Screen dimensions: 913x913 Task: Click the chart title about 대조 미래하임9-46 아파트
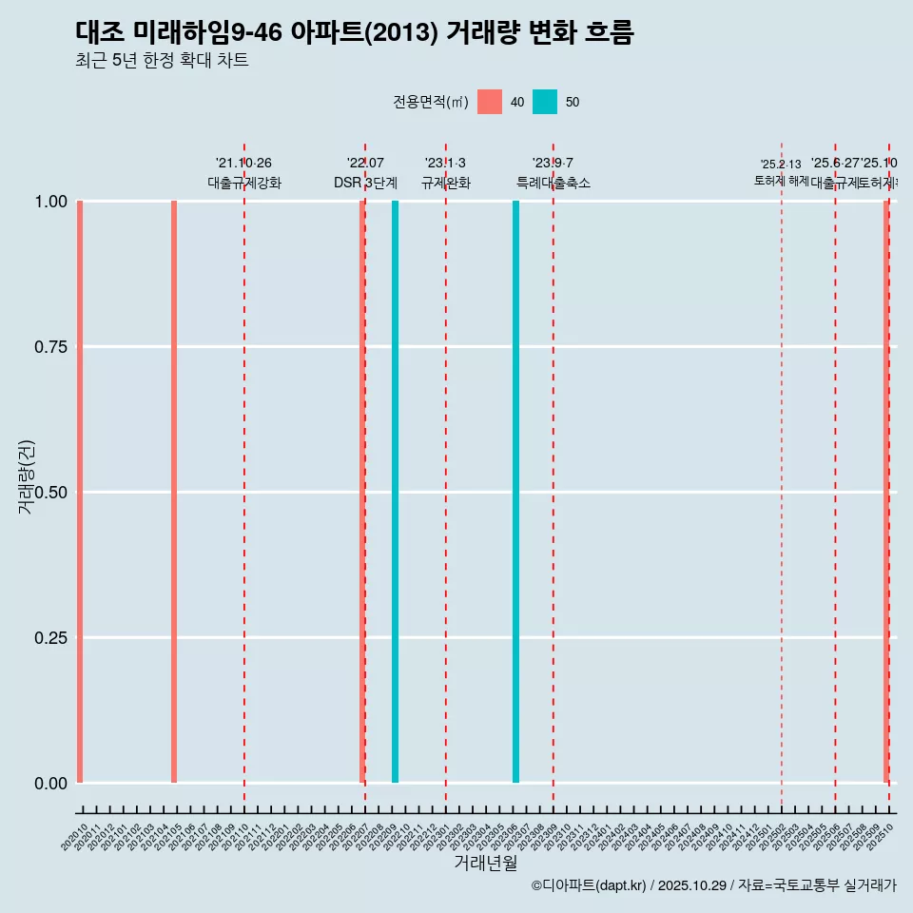[x=354, y=32]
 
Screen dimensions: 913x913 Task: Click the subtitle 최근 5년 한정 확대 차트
[x=162, y=61]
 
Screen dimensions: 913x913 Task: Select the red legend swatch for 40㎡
[x=490, y=102]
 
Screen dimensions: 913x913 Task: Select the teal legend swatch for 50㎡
[x=545, y=102]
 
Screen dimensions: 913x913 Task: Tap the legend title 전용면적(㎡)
[x=431, y=102]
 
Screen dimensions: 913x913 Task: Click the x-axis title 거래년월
[x=485, y=864]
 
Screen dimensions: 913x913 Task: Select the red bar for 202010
[x=80, y=492]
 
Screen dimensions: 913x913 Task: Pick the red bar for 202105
[x=174, y=492]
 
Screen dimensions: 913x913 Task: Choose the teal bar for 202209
[x=395, y=492]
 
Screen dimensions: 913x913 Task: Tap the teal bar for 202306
[x=515, y=492]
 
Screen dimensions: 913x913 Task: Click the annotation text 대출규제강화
[x=244, y=183]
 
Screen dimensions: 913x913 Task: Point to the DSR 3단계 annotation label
[x=365, y=183]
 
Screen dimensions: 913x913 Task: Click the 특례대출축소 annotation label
[x=553, y=183]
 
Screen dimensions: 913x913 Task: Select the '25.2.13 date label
[x=781, y=165]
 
